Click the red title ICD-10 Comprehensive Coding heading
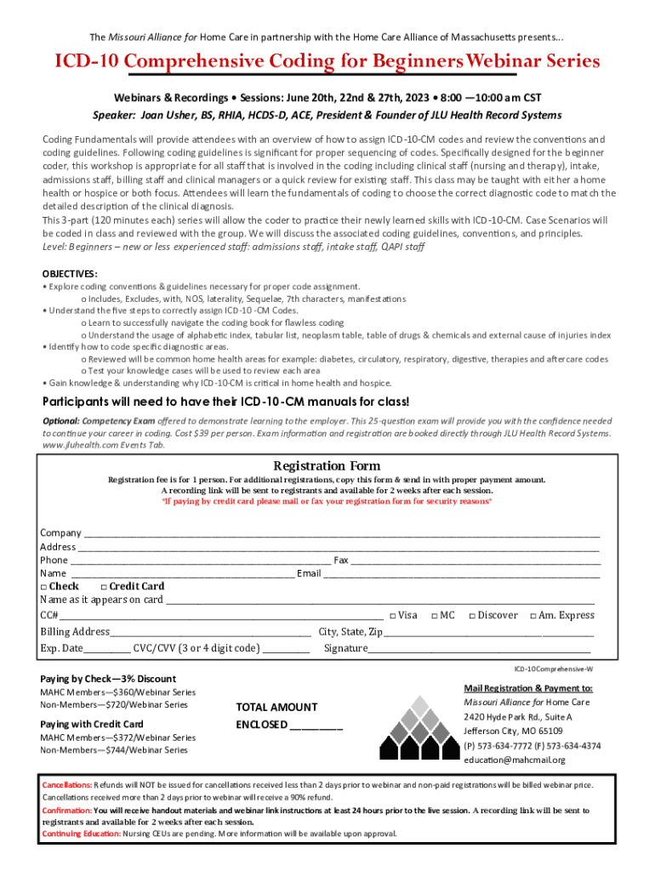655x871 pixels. [x=327, y=62]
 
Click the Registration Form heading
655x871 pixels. [x=327, y=466]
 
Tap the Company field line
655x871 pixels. [x=340, y=534]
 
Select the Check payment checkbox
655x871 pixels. [x=44, y=587]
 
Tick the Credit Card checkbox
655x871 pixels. [x=104, y=587]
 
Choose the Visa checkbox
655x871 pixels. [x=392, y=616]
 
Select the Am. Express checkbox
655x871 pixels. [x=533, y=616]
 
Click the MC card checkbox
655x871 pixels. [x=434, y=616]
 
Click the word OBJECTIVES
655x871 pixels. [x=70, y=274]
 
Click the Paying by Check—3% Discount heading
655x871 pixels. [x=108, y=679]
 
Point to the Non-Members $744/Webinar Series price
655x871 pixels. [x=114, y=750]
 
